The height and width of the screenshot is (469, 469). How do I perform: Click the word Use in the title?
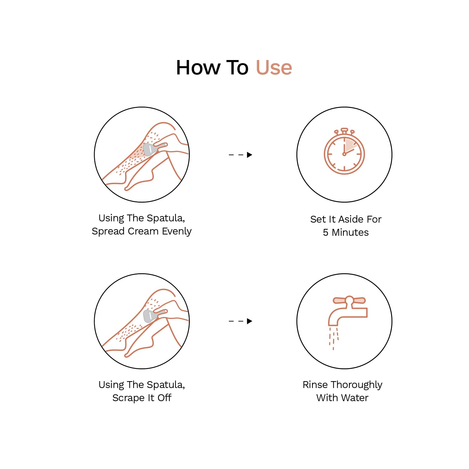[x=274, y=68]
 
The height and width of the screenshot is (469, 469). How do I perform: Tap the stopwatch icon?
[x=344, y=151]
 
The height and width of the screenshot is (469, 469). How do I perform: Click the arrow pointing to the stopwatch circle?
[x=240, y=155]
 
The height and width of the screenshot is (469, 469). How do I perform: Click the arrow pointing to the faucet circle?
[x=240, y=321]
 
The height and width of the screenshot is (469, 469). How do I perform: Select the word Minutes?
[x=350, y=233]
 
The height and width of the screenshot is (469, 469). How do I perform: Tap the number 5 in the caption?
[x=325, y=233]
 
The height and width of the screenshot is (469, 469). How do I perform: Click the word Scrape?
[x=129, y=398]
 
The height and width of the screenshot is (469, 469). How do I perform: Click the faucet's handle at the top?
[x=349, y=300]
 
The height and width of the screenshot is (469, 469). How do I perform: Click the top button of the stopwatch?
[x=344, y=130]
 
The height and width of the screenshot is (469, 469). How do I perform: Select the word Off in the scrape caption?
[x=164, y=398]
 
